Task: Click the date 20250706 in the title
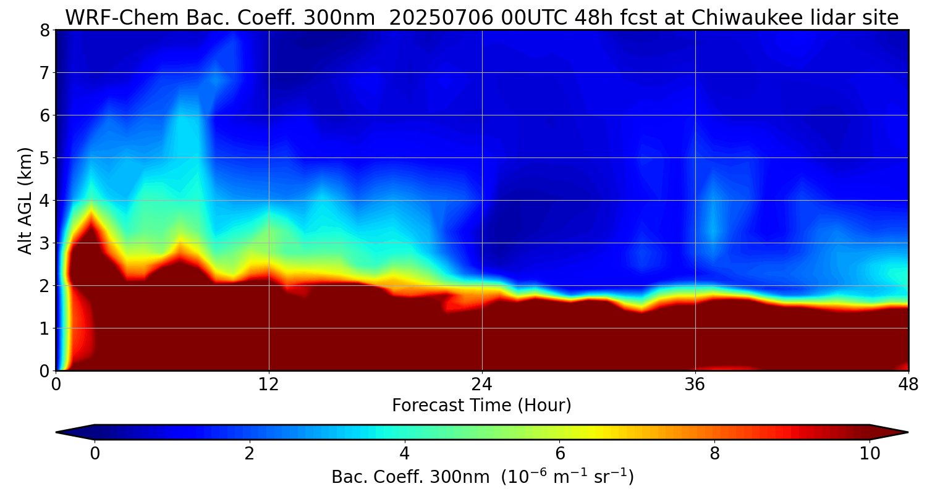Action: click(x=441, y=17)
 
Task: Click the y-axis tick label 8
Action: click(x=44, y=30)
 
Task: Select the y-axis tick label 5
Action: click(x=44, y=158)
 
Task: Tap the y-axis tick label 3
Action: click(x=44, y=243)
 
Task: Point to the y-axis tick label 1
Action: click(x=44, y=329)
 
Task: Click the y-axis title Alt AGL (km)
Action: click(x=25, y=201)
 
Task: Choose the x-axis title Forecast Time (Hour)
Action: click(x=481, y=406)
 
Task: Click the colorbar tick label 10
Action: click(x=870, y=454)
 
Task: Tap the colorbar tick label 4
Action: click(x=405, y=454)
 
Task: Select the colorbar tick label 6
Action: click(x=560, y=454)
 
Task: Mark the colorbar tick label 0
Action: click(x=95, y=454)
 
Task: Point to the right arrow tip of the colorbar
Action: click(x=907, y=432)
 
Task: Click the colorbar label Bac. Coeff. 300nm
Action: click(x=412, y=477)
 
